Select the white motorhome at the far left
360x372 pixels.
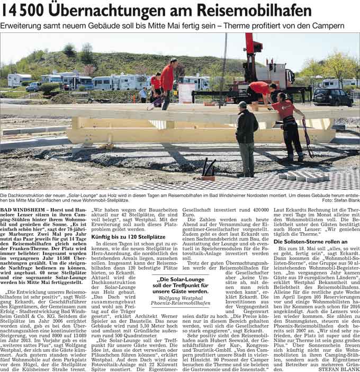pos(19,81)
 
